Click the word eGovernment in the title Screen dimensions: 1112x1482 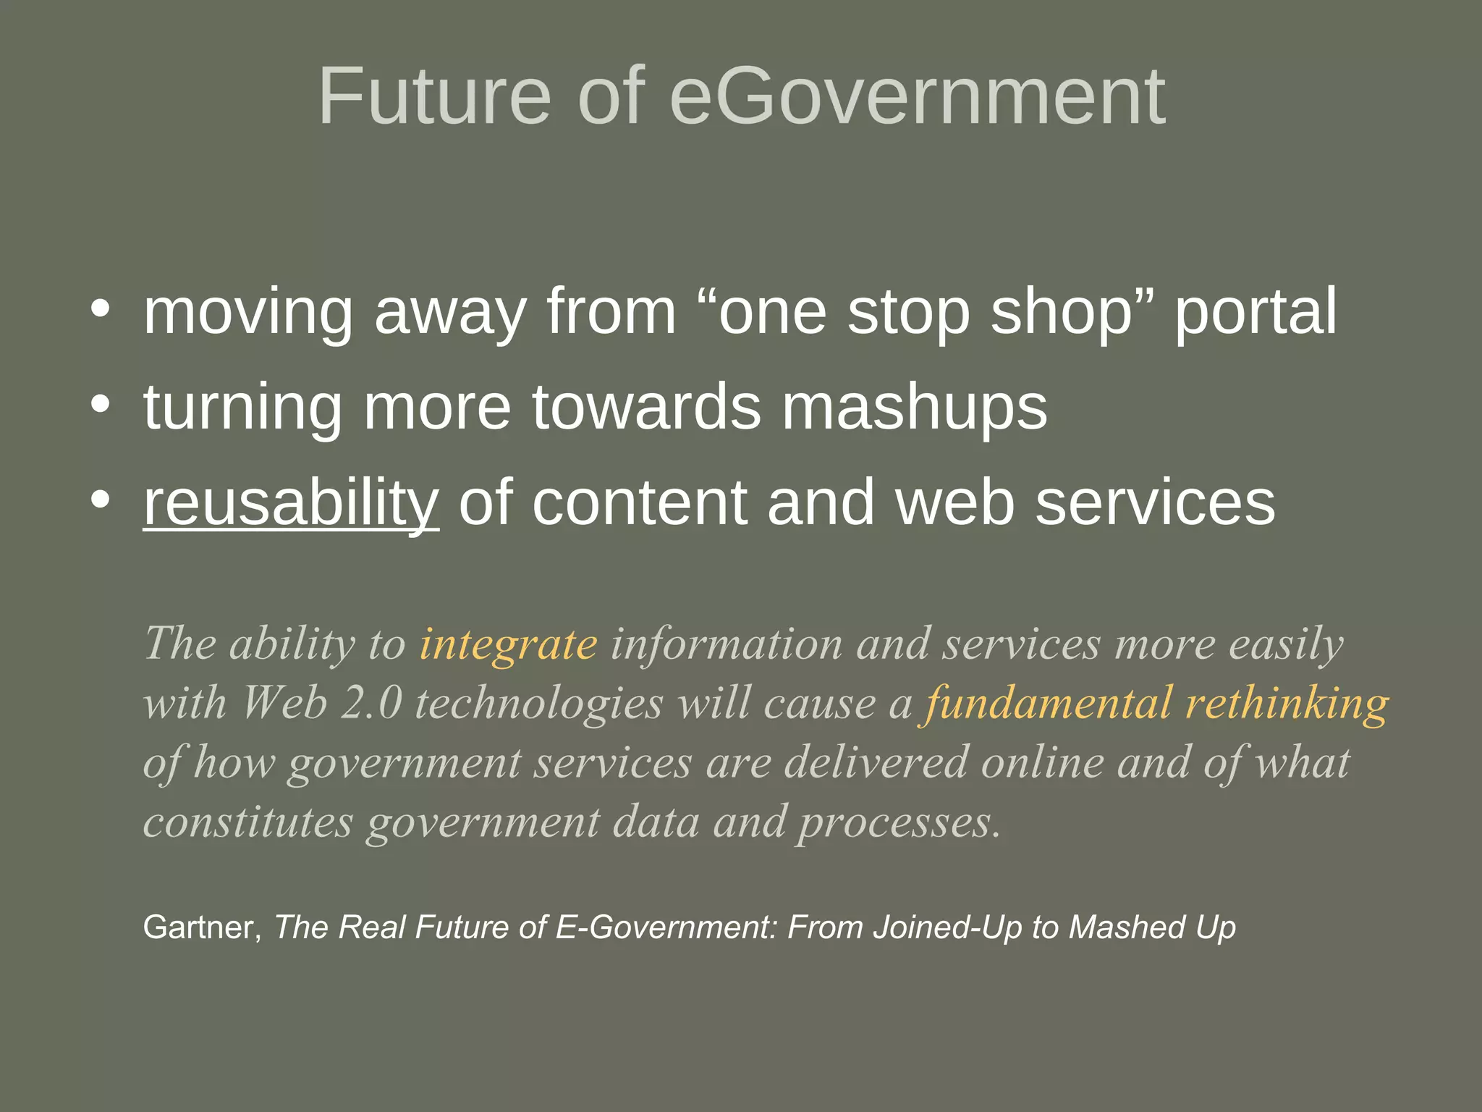point(918,96)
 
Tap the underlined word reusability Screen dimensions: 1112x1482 point(291,503)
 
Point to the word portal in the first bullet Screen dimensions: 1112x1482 point(1256,313)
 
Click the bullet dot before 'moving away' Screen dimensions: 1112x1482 point(101,309)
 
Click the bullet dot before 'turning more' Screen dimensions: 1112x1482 point(101,405)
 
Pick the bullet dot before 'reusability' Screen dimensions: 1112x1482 point(101,500)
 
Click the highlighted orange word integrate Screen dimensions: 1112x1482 point(508,644)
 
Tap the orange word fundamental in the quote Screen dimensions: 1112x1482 point(1046,704)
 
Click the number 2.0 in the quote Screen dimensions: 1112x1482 point(371,704)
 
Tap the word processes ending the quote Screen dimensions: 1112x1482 point(899,824)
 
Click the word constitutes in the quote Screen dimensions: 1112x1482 point(248,822)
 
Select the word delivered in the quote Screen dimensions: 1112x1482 point(876,763)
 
